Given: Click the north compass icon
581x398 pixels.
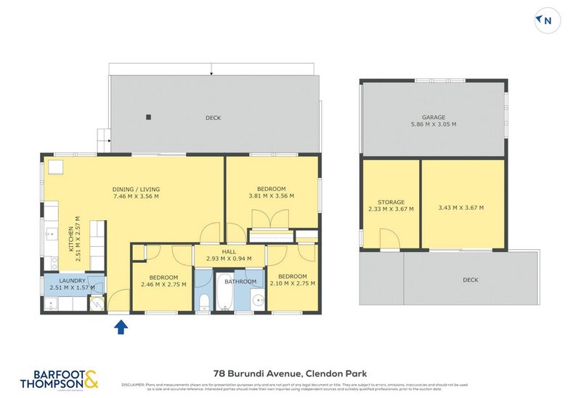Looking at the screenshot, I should tap(548, 21).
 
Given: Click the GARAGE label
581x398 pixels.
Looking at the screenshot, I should tap(434, 117).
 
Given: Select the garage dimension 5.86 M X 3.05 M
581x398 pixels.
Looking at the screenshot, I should tap(434, 124).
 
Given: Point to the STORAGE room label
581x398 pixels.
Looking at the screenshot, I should tap(391, 202).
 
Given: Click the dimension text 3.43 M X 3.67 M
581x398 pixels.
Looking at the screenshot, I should tap(462, 208).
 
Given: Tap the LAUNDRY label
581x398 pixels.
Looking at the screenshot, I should tap(73, 280).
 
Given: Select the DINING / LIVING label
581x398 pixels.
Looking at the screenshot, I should tap(136, 190).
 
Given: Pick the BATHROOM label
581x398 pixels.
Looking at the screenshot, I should tap(240, 281).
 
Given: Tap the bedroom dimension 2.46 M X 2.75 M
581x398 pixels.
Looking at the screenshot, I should tap(163, 284).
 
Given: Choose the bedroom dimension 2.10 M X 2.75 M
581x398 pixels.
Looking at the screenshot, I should tap(292, 283).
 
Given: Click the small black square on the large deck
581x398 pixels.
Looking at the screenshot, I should tap(148, 117).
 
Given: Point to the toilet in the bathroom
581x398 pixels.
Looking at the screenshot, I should tap(204, 301).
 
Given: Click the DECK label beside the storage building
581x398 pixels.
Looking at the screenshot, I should tap(470, 280).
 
